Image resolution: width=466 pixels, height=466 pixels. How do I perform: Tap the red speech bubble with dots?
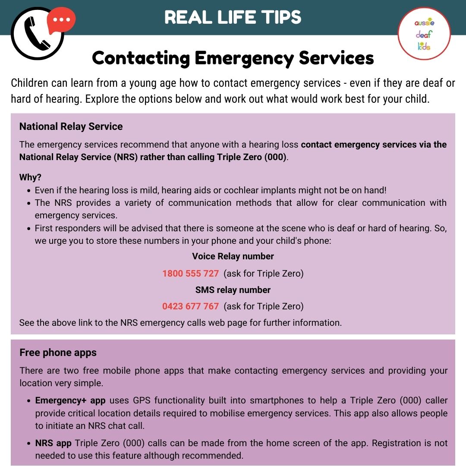pyautogui.click(x=61, y=20)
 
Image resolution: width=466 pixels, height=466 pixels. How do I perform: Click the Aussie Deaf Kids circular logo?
pyautogui.click(x=424, y=34)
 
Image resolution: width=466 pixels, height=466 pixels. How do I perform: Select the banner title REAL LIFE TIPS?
pyautogui.click(x=233, y=17)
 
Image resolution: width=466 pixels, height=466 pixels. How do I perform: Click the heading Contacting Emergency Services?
pyautogui.click(x=233, y=58)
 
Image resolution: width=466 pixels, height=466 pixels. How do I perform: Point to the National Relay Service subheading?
pyautogui.click(x=71, y=126)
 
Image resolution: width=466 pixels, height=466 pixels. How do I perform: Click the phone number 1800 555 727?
pyautogui.click(x=191, y=274)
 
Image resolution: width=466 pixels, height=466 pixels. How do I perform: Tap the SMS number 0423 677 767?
pyautogui.click(x=191, y=306)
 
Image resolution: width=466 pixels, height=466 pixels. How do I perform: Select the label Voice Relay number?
pyautogui.click(x=233, y=256)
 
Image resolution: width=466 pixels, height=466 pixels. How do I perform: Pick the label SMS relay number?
pyautogui.click(x=233, y=290)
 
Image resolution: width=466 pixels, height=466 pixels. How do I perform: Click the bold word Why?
pyautogui.click(x=30, y=177)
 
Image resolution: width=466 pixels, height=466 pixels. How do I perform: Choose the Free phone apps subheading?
pyautogui.click(x=58, y=353)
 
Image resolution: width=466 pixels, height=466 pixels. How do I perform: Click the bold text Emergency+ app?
pyautogui.click(x=70, y=400)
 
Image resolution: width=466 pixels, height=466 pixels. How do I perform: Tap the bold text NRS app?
pyautogui.click(x=54, y=443)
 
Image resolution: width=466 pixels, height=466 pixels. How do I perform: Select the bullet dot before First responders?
pyautogui.click(x=28, y=229)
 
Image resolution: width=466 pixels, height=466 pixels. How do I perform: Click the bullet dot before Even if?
pyautogui.click(x=28, y=191)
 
